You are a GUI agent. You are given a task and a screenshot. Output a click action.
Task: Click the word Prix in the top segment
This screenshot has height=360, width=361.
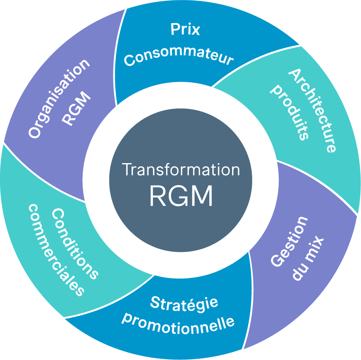pyautogui.click(x=185, y=30)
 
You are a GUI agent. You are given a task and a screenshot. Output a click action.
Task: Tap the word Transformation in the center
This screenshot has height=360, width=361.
pyautogui.click(x=181, y=170)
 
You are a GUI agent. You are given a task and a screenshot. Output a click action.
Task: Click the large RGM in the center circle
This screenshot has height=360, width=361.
pyautogui.click(x=181, y=195)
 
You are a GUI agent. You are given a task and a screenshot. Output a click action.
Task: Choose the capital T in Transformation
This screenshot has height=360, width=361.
pyautogui.click(x=127, y=170)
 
